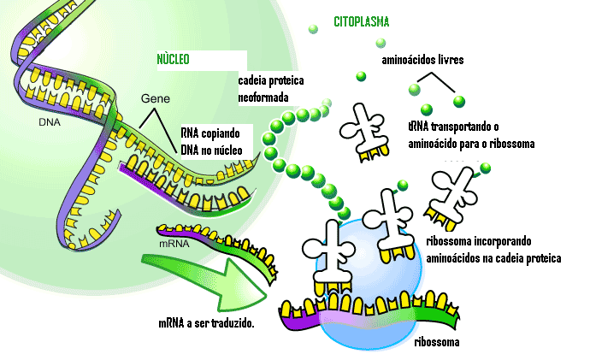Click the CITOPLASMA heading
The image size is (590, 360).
pyautogui.click(x=361, y=22)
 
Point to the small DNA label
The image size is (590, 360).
pyautogui.click(x=49, y=121)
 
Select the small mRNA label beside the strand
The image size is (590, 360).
pyautogui.click(x=174, y=243)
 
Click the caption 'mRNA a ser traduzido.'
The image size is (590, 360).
pyautogui.click(x=207, y=324)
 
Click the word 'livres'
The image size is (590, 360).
pyautogui.click(x=448, y=61)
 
